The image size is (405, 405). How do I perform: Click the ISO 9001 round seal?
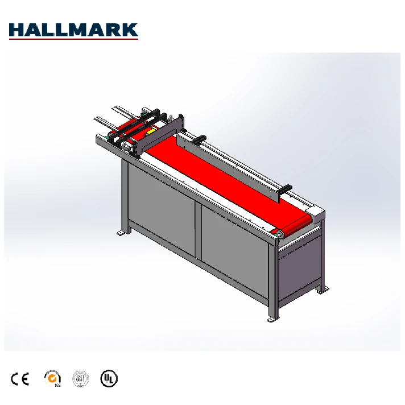80,378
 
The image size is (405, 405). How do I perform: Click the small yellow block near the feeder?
151,130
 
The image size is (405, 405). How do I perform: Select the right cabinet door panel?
233,247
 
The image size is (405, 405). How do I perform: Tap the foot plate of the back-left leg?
122,232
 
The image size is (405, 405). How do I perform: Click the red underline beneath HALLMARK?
73,38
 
